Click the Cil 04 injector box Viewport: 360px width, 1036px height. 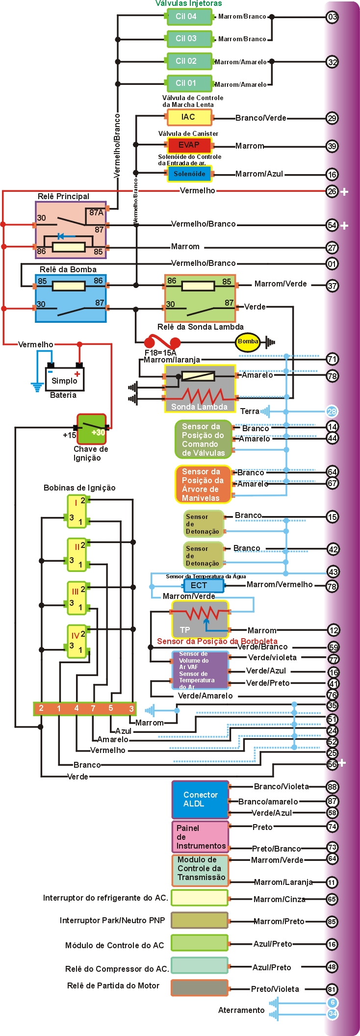[189, 17]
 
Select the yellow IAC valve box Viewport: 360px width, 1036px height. [189, 117]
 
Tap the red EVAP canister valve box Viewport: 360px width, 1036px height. [189, 145]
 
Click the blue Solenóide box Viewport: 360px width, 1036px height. [189, 174]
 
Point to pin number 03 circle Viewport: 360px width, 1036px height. [332, 17]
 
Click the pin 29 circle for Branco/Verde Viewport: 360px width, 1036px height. [332, 118]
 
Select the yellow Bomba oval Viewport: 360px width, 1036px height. [248, 342]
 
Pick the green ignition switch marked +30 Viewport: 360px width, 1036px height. [92, 429]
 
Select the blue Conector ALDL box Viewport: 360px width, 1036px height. [200, 800]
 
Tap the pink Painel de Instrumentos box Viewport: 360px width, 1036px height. [200, 837]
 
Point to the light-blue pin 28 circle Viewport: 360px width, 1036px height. [332, 412]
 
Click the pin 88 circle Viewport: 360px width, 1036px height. [332, 787]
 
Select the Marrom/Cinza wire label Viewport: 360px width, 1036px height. [279, 899]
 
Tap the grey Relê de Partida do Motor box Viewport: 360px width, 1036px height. [199, 987]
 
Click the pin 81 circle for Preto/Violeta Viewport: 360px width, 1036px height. [332, 989]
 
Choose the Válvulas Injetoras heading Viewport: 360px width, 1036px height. [188, 3]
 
